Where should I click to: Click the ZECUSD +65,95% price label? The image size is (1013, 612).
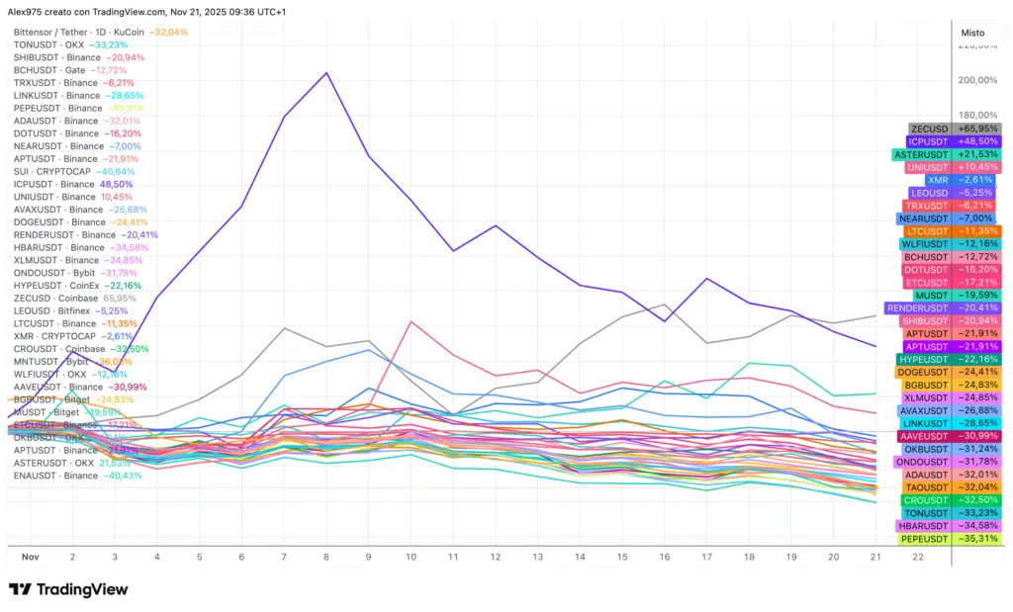coord(955,129)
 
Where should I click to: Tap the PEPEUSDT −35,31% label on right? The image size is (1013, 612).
coord(951,539)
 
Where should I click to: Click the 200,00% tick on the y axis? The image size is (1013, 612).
coord(978,80)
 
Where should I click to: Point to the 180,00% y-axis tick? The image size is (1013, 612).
coord(978,115)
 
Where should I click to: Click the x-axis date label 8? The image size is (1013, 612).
coord(326,557)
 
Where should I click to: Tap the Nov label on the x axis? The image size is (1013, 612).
coord(30,557)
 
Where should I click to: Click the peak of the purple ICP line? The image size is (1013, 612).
coord(326,72)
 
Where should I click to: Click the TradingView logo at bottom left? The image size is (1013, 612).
coord(68,589)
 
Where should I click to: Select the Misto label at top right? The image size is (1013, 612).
coord(972,33)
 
